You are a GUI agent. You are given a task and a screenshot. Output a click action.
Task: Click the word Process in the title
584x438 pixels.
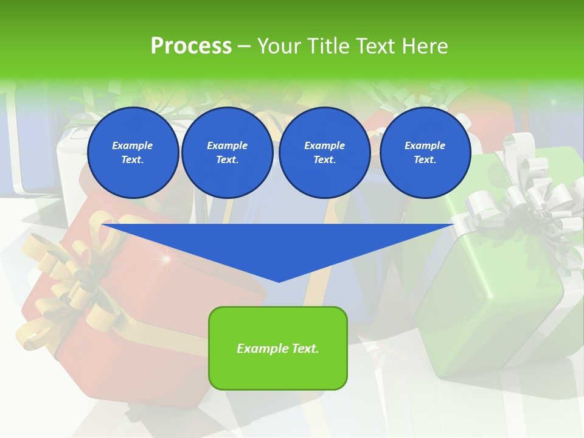(x=191, y=46)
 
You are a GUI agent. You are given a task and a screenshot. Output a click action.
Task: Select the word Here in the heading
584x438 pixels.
(x=425, y=46)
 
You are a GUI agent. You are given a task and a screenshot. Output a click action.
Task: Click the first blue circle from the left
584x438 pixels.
(x=133, y=153)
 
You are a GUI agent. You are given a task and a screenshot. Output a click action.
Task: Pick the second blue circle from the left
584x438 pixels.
(x=227, y=153)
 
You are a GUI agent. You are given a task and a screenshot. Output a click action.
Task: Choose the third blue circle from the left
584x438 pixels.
(x=324, y=153)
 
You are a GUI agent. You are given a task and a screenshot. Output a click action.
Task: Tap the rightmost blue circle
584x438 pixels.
(x=425, y=153)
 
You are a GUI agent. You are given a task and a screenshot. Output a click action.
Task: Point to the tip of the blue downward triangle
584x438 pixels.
(x=279, y=281)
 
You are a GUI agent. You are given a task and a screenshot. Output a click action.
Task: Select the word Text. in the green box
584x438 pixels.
(x=305, y=349)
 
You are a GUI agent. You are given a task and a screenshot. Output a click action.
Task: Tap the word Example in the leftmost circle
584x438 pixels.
(x=133, y=145)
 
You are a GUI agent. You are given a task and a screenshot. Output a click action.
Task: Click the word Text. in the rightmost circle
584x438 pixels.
(x=425, y=160)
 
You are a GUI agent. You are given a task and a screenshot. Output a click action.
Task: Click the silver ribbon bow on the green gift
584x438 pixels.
(x=523, y=201)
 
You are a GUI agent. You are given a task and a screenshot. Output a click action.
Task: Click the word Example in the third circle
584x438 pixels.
(x=324, y=145)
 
